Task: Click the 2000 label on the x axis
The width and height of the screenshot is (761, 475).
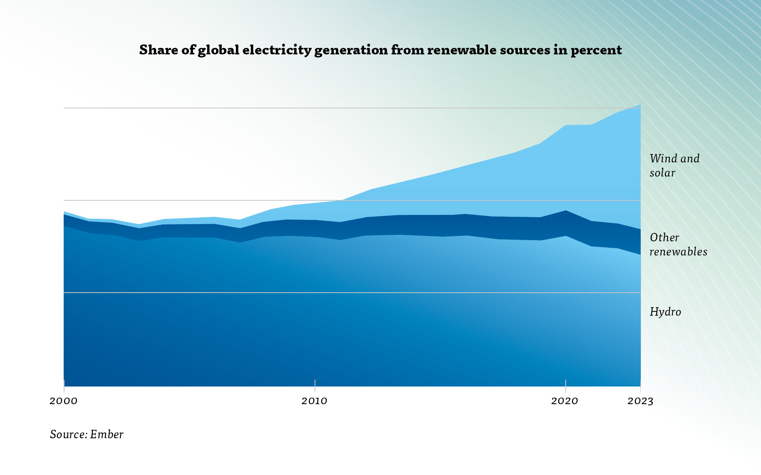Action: click(64, 401)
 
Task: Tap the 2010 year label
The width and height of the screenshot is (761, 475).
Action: click(314, 401)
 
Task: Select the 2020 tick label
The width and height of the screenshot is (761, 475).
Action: click(565, 401)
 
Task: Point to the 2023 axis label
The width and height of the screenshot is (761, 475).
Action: click(640, 401)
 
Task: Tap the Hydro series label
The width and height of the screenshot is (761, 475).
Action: click(665, 312)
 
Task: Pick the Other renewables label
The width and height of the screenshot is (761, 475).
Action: click(678, 244)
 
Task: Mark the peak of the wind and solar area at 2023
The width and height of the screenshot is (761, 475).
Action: click(640, 105)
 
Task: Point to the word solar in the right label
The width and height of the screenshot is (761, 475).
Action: click(662, 173)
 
